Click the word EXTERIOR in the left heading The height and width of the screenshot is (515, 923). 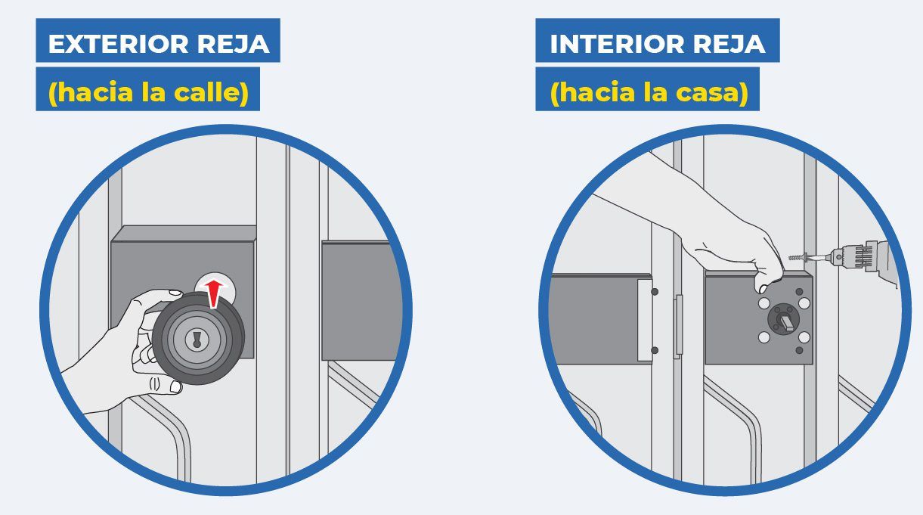coord(118,44)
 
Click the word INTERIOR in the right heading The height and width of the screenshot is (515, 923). coord(618,44)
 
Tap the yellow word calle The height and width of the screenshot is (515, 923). coord(212,92)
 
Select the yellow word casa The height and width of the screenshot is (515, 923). coord(712,92)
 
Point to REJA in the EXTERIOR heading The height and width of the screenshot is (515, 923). coord(234,44)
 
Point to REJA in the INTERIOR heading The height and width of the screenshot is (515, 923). coord(729,44)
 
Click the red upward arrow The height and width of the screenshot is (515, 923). coord(214,293)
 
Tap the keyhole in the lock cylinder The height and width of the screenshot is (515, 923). coord(197,339)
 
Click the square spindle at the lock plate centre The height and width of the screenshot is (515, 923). coord(784,321)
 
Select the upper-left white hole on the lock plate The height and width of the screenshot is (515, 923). coord(764,303)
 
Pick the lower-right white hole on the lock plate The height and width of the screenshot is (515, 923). coord(804,337)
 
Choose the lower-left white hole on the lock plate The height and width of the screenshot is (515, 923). coord(764,337)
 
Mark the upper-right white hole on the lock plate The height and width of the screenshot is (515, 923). coord(804,303)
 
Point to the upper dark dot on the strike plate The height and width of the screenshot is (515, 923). coord(655,291)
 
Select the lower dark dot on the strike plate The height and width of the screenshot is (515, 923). coord(655,350)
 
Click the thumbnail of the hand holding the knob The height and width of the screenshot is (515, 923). coord(175,293)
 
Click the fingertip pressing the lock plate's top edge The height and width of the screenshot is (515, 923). coord(762,287)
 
